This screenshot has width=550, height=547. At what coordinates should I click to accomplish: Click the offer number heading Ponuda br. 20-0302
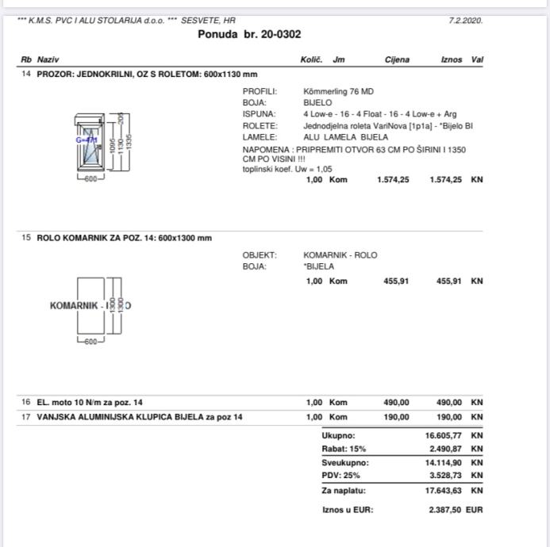[249, 34]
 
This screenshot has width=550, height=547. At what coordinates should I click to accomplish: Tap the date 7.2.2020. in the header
[465, 21]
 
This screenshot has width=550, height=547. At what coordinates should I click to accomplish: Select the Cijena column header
[397, 59]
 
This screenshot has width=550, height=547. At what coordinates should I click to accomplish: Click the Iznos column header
[452, 59]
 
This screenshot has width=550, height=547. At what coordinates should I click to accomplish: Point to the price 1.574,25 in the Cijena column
[393, 180]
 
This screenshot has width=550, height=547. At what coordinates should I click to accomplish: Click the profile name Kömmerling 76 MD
[338, 91]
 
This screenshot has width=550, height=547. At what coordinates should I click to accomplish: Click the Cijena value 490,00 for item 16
[396, 403]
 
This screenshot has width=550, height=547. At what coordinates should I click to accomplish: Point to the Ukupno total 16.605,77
[444, 435]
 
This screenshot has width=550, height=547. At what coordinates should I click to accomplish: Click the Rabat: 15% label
[344, 449]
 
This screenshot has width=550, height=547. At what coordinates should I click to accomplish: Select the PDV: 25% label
[340, 476]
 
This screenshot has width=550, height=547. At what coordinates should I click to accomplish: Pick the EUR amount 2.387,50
[444, 511]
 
